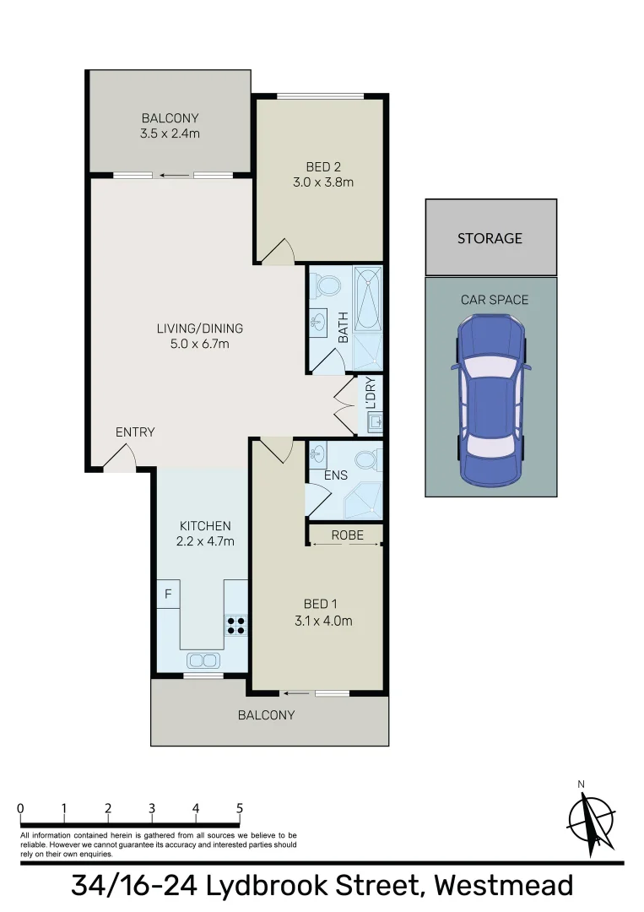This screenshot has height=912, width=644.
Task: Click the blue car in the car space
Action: [491, 400]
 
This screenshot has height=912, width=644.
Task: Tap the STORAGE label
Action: [490, 238]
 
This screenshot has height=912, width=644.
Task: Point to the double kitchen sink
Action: [203, 660]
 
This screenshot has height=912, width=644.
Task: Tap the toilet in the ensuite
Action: [367, 460]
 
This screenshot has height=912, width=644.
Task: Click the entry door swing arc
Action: [121, 456]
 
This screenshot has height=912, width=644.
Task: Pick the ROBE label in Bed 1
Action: [347, 535]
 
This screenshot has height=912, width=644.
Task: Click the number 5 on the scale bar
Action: [240, 808]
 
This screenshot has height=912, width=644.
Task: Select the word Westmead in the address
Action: [503, 886]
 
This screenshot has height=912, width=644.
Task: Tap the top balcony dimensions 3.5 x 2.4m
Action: [170, 133]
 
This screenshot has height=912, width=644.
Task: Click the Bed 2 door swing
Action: [279, 251]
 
